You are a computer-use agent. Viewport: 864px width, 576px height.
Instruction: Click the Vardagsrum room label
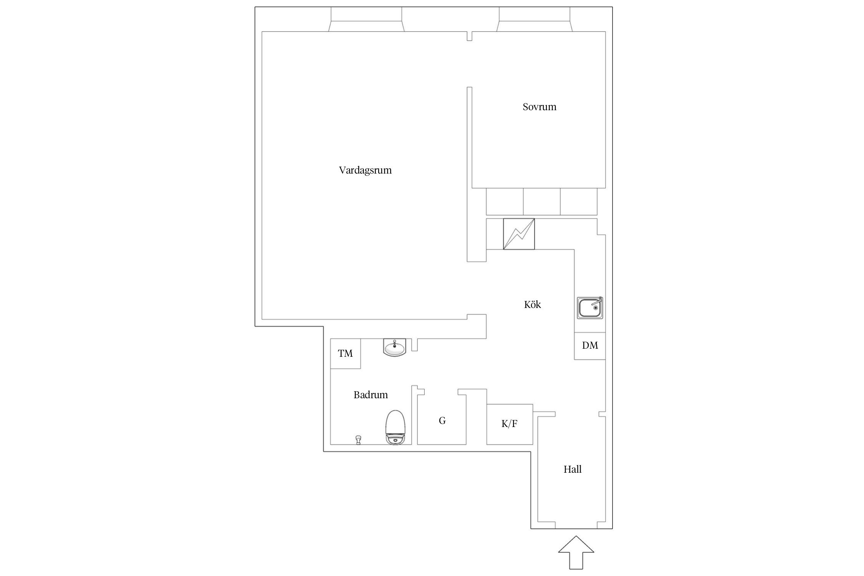pyautogui.click(x=365, y=170)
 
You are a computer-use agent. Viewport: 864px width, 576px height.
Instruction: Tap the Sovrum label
pyautogui.click(x=539, y=107)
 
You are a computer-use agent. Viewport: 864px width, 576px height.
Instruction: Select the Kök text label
pyautogui.click(x=532, y=305)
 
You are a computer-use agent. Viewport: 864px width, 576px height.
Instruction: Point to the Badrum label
pyautogui.click(x=371, y=395)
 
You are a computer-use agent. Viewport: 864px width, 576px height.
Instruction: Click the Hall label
pyautogui.click(x=573, y=469)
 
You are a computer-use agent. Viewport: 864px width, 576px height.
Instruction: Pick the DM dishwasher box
pyautogui.click(x=590, y=346)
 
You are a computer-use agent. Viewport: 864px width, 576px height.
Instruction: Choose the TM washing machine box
pyautogui.click(x=345, y=354)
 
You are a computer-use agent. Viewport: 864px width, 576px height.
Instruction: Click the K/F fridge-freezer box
pyautogui.click(x=510, y=424)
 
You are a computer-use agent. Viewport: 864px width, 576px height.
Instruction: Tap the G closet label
pyautogui.click(x=442, y=421)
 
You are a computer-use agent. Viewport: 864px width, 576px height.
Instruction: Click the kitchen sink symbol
pyautogui.click(x=590, y=308)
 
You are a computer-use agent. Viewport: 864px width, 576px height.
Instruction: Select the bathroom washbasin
pyautogui.click(x=394, y=347)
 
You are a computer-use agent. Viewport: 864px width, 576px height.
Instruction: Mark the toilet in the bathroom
pyautogui.click(x=395, y=427)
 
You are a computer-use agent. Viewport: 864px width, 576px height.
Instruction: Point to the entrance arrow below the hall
pyautogui.click(x=576, y=552)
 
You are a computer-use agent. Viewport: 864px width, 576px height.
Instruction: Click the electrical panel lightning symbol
pyautogui.click(x=519, y=234)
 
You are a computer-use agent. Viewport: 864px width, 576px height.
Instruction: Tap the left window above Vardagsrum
pyautogui.click(x=366, y=19)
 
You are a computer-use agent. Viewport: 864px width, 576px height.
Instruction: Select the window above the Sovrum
pyautogui.click(x=535, y=19)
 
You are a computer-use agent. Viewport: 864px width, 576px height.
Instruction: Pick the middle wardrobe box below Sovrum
pyautogui.click(x=541, y=202)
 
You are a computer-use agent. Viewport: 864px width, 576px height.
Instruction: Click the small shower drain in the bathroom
pyautogui.click(x=358, y=440)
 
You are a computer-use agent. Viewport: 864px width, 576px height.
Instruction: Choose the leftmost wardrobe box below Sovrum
pyautogui.click(x=505, y=202)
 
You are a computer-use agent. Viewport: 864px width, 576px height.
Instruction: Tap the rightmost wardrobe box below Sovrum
pyautogui.click(x=579, y=202)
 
